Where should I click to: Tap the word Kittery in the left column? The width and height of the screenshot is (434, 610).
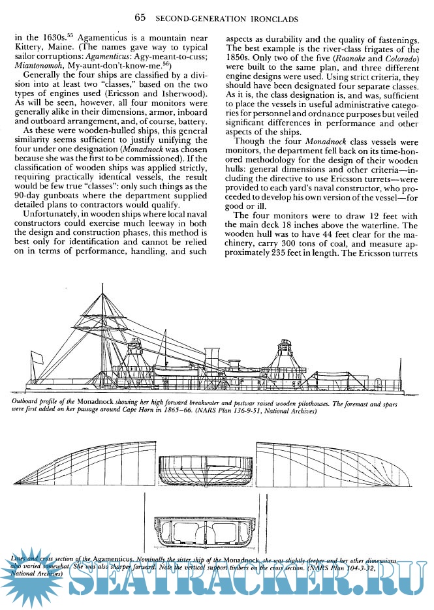(x=31, y=49)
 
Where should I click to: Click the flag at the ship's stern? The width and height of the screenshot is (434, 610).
(x=37, y=358)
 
